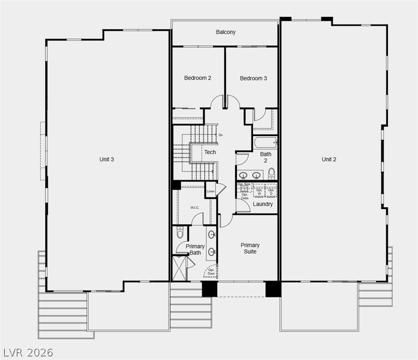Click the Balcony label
(226, 32)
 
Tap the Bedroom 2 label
(198, 78)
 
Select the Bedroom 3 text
(253, 78)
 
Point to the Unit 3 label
(106, 159)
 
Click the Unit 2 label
(329, 159)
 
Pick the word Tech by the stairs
(210, 152)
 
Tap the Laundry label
(263, 204)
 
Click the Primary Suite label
(250, 248)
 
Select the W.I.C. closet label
(195, 207)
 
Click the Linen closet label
(211, 191)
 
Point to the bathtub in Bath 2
(265, 142)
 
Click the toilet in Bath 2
(271, 172)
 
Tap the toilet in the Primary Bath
(180, 233)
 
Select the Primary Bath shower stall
(180, 268)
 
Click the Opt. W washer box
(259, 191)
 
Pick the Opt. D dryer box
(271, 191)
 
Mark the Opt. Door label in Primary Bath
(212, 272)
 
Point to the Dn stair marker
(221, 135)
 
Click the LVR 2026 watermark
(28, 352)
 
